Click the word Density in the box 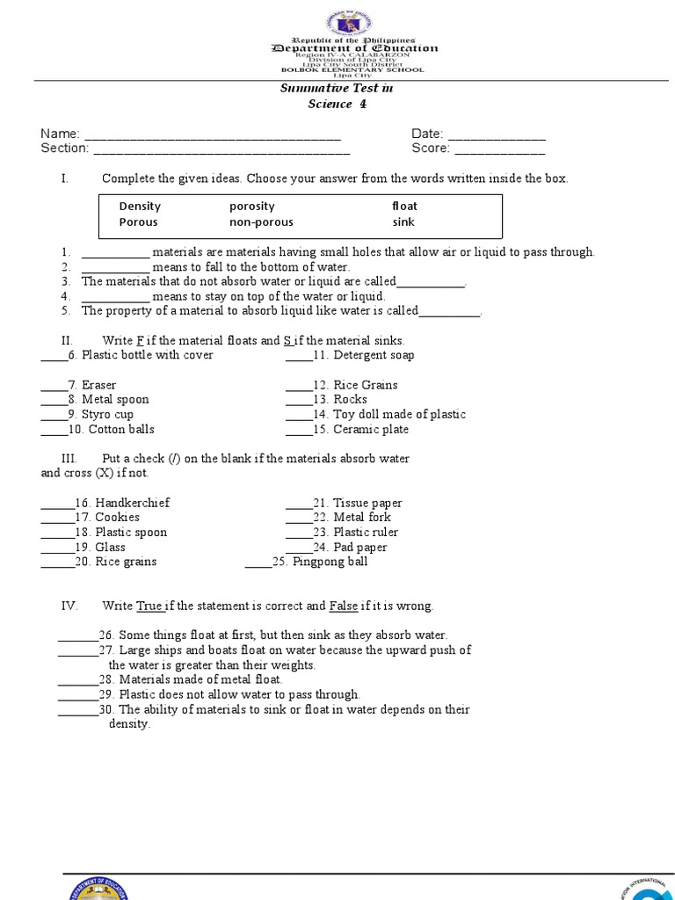[140, 207]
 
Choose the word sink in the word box [403, 222]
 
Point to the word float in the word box [404, 207]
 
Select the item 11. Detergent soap [363, 355]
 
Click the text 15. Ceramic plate [360, 430]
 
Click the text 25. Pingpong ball [320, 562]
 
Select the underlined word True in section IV [149, 606]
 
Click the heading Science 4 [337, 105]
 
